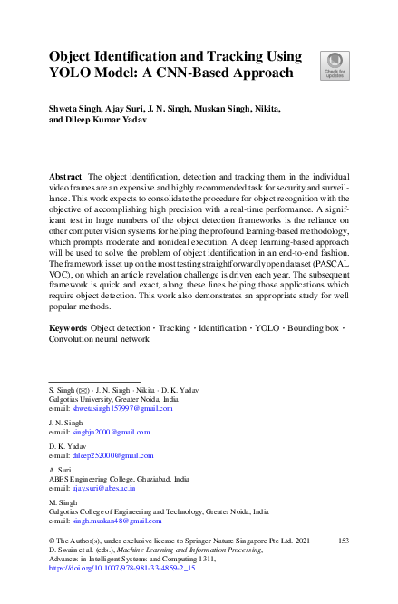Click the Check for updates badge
[335, 65]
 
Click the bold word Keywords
[68, 326]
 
